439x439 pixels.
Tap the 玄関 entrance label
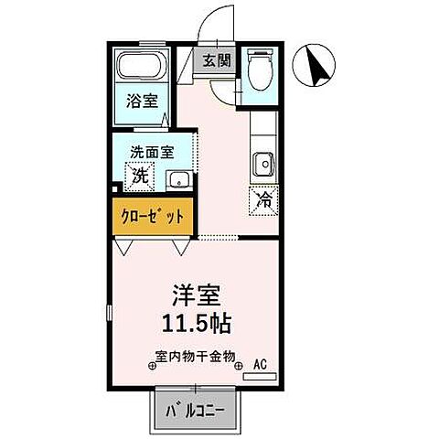[x=216, y=63]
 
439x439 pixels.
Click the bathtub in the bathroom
[x=139, y=70]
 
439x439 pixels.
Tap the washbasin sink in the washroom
[x=179, y=178]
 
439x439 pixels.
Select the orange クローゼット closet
[x=151, y=218]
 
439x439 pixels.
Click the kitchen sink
[x=262, y=164]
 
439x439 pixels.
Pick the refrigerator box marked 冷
[x=263, y=198]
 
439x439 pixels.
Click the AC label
[x=260, y=364]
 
